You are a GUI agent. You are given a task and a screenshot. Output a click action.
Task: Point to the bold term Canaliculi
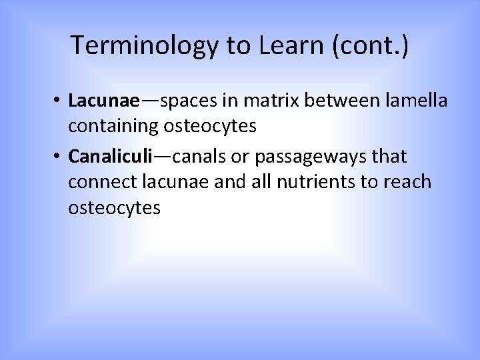pos(111,157)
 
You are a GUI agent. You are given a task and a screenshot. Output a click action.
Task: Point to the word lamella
pos(417,101)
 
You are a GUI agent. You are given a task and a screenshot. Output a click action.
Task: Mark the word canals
pos(200,157)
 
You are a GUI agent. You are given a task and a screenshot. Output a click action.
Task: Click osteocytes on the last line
pos(114,208)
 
